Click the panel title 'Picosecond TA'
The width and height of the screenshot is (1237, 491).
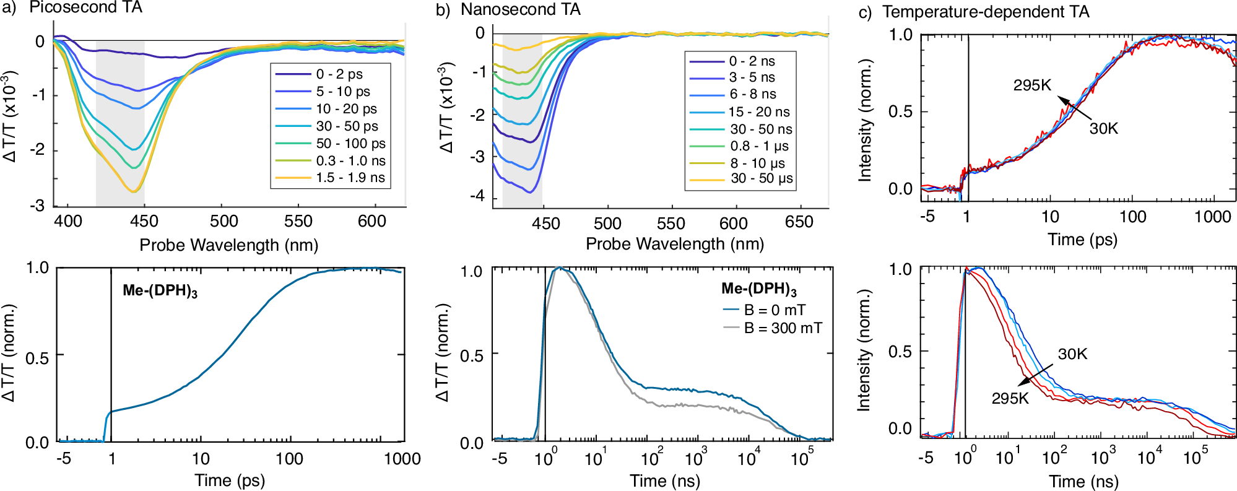pyautogui.click(x=85, y=8)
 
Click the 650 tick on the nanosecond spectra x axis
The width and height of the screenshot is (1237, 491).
pyautogui.click(x=799, y=222)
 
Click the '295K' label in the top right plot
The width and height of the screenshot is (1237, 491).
pyautogui.click(x=1032, y=85)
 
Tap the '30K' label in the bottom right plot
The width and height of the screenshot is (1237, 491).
pyautogui.click(x=1072, y=354)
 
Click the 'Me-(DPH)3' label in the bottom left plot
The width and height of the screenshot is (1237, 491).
pyautogui.click(x=160, y=291)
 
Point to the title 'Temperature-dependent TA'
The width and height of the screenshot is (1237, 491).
pyautogui.click(x=986, y=12)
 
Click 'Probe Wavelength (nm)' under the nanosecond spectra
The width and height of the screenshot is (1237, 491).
pyautogui.click(x=675, y=244)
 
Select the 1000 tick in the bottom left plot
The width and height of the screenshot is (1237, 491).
pyautogui.click(x=402, y=459)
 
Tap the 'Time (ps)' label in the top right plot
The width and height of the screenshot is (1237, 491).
pyautogui.click(x=1082, y=240)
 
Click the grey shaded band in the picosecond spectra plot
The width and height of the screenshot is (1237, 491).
pyautogui.click(x=120, y=124)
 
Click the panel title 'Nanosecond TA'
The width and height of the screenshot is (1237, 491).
pyautogui.click(x=520, y=9)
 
